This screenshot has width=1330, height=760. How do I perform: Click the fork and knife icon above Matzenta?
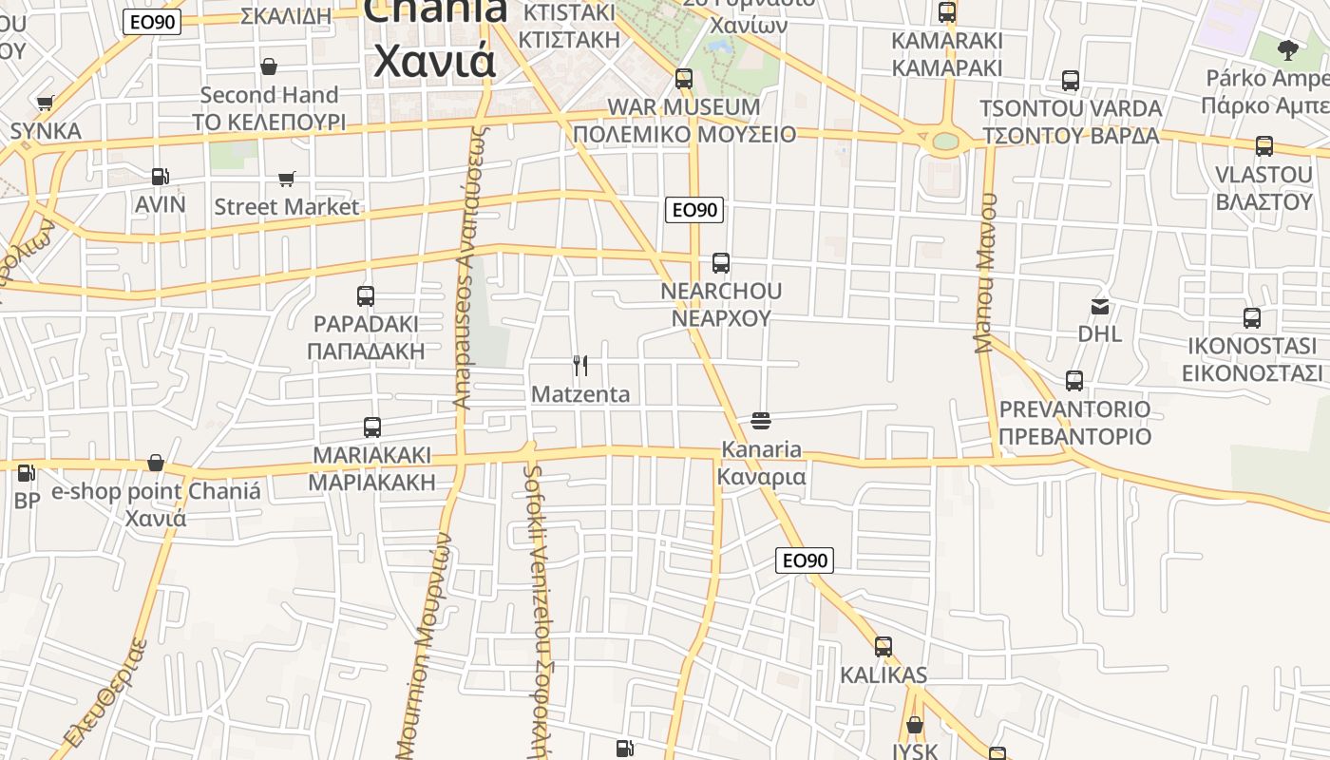pos(579,365)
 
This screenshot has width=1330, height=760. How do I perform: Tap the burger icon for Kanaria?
pos(760,420)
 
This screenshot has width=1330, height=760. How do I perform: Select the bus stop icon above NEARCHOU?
pos(721,262)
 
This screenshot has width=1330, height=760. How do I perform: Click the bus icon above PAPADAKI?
pos(366,295)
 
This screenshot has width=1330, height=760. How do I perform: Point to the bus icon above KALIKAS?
pos(883,647)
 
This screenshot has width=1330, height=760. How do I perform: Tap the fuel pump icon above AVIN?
pos(161,176)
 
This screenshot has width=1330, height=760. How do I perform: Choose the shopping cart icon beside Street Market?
pos(287,179)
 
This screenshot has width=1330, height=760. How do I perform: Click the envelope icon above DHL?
pos(1100,306)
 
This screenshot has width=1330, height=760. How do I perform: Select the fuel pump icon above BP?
pos(27,472)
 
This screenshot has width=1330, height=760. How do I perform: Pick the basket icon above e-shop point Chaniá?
pos(156,463)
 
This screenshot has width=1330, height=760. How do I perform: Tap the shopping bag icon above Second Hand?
pos(269,66)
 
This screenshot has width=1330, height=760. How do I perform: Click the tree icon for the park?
pos(1288,49)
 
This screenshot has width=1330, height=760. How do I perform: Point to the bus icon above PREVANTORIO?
pos(1074,380)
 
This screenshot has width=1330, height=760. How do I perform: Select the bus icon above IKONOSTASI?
pos(1252,317)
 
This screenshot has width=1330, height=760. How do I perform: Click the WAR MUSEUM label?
pos(683,106)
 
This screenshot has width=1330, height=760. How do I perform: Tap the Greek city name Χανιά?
pos(434,60)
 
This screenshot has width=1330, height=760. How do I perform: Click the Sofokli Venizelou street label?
pos(540,608)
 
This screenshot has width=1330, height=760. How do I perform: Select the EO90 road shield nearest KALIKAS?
pos(805,560)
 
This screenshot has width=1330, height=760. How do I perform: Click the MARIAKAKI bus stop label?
pos(371,454)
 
